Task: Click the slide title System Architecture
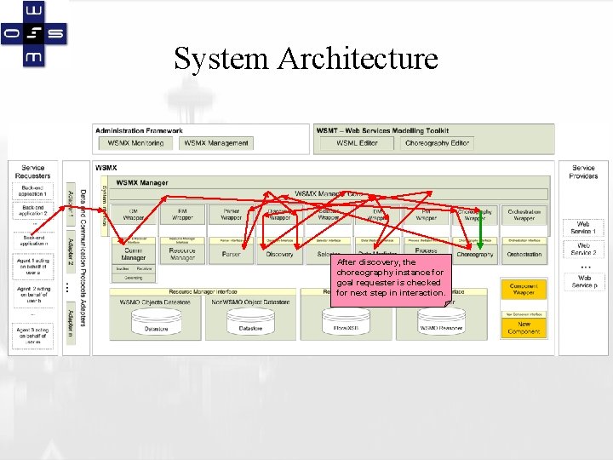point(306,59)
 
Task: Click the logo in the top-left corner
point(35,34)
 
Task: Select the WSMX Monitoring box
point(136,143)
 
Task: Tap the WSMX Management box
point(216,143)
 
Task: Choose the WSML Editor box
point(357,143)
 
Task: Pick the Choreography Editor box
point(437,143)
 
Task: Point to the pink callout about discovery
point(390,278)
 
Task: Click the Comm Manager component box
point(134,254)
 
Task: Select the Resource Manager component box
point(182,254)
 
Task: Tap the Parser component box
point(231,254)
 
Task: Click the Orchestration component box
point(524,254)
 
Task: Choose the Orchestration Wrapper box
point(524,215)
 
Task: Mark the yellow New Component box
point(524,328)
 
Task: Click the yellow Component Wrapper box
point(524,290)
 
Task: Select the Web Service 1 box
point(583,228)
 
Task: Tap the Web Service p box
point(583,281)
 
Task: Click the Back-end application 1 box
point(33,191)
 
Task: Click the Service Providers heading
point(583,172)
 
